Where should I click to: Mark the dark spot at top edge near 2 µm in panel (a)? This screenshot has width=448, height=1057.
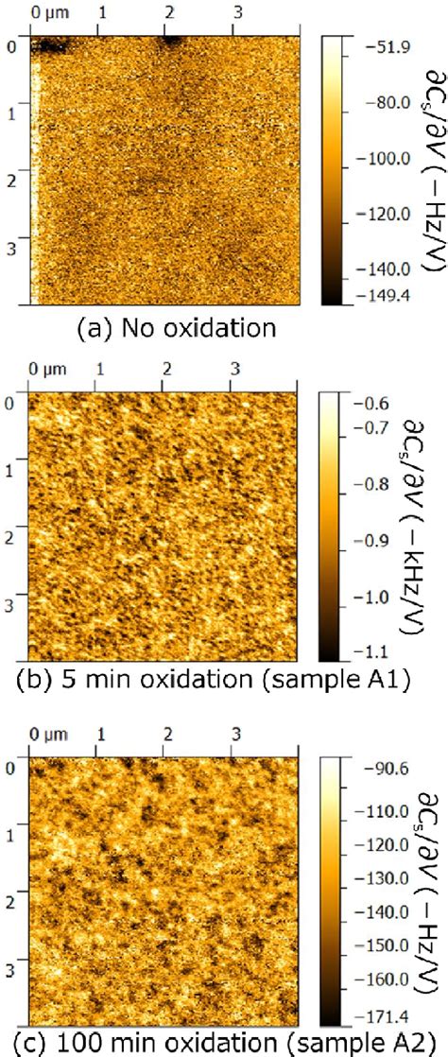coord(171,40)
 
